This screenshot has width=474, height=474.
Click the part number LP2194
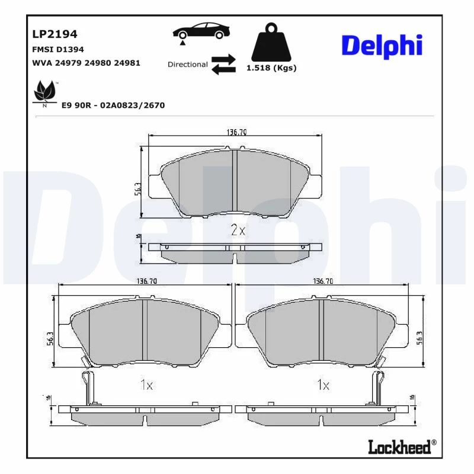point(55,34)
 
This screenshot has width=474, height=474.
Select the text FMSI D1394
point(57,49)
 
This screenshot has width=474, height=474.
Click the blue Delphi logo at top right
point(382,46)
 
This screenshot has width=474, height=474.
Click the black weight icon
point(271,42)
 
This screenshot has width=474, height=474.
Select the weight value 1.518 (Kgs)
point(271,68)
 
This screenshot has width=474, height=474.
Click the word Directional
point(187,65)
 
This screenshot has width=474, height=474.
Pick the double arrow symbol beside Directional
point(223,65)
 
